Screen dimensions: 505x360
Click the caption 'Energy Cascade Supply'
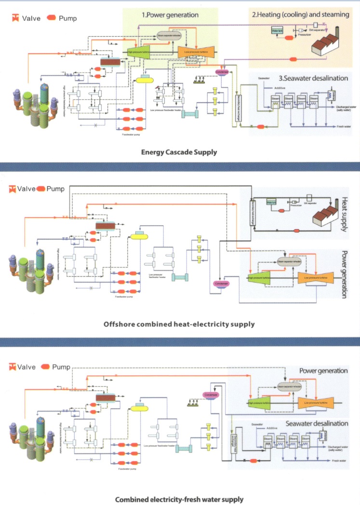tap(179, 152)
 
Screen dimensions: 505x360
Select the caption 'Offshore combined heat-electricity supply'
tap(179, 324)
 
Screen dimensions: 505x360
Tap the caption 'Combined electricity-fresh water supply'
tap(179, 499)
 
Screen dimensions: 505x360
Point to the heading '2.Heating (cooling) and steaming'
tap(301, 15)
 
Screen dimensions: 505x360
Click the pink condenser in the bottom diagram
tap(211, 395)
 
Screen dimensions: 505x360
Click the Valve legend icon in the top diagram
tap(16, 18)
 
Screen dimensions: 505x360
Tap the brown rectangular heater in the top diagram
tap(110, 61)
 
